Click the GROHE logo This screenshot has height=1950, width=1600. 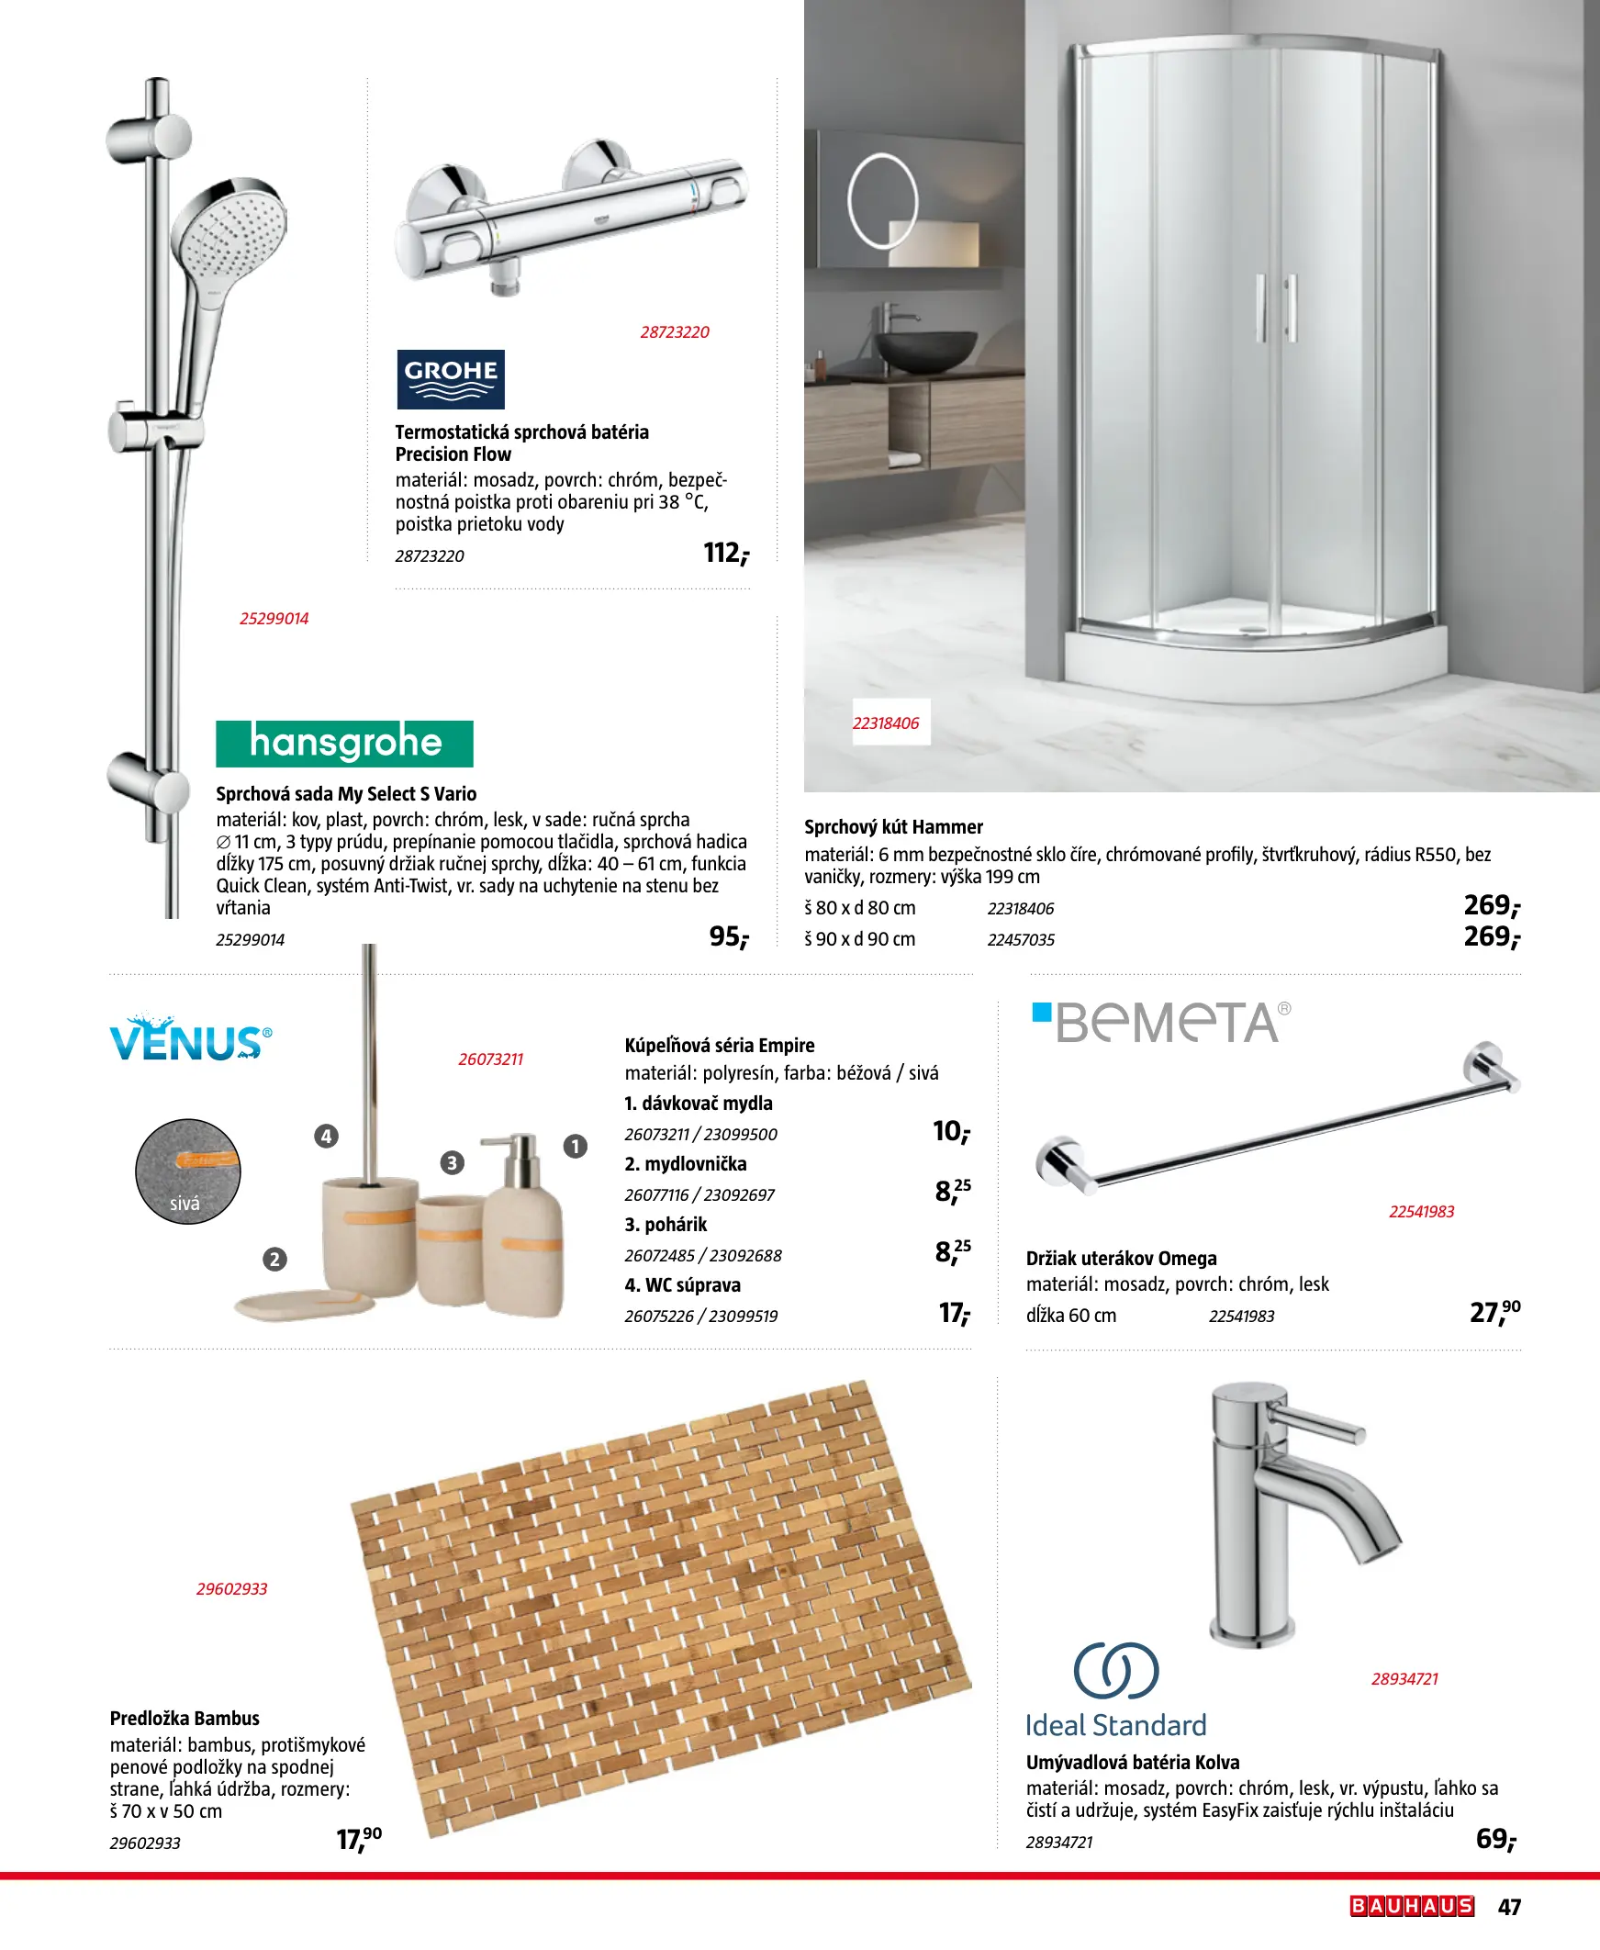(451, 379)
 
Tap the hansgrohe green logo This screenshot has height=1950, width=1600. (345, 744)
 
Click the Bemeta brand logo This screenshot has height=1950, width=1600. (1161, 1023)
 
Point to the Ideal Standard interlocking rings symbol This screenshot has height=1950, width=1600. (1116, 1670)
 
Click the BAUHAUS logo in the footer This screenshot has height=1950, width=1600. (1412, 1906)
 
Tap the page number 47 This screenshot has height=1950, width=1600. (1510, 1907)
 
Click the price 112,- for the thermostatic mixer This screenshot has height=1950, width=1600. (726, 553)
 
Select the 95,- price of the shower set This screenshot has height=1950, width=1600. (729, 937)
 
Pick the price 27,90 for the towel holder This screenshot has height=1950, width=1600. (1494, 1311)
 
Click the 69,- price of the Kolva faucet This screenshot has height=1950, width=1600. (1496, 1840)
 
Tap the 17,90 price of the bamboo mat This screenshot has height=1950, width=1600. (359, 1840)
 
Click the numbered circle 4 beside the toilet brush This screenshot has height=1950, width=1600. (326, 1137)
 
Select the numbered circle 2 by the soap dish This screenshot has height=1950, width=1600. (274, 1259)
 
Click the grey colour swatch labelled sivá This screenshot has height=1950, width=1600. (188, 1171)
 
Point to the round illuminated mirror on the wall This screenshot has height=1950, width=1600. (882, 201)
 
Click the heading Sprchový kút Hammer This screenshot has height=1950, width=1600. (893, 826)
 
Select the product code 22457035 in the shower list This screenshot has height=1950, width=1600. (1020, 940)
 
